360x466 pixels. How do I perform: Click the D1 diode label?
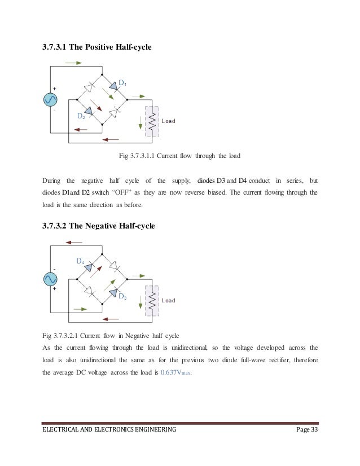click(122, 83)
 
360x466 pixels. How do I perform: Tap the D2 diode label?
click(81, 116)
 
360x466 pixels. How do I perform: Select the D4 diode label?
click(80, 261)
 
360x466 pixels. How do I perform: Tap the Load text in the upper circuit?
click(169, 121)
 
